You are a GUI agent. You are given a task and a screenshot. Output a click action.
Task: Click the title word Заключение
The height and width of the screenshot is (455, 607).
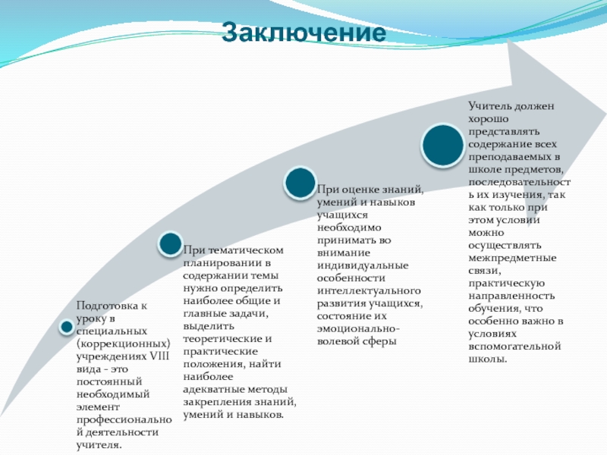point(303,33)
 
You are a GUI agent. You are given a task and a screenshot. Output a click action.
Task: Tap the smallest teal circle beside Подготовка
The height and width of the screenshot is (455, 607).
point(67,327)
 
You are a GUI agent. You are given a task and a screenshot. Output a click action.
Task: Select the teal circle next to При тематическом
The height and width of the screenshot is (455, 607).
point(171,243)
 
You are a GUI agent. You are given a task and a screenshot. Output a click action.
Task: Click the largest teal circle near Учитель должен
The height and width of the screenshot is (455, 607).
point(442,144)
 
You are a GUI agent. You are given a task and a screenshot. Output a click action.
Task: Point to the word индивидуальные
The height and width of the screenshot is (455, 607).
point(363,265)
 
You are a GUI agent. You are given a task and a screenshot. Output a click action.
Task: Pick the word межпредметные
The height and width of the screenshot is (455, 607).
point(512,258)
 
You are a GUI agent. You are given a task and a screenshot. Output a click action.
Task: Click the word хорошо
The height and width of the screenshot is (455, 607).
point(489,118)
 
